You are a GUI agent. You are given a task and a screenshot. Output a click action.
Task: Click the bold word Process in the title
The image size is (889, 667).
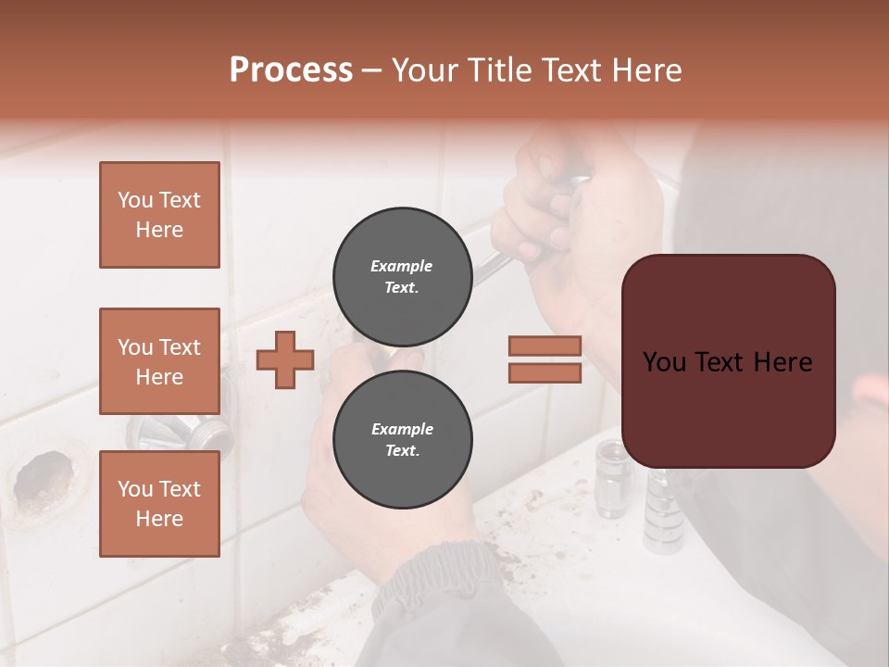tap(291, 70)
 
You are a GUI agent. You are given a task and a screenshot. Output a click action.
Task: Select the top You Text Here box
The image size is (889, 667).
tap(159, 215)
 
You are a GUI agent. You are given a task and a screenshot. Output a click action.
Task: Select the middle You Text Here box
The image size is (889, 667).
tap(159, 361)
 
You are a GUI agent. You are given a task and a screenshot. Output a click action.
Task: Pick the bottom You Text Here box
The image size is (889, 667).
tap(159, 503)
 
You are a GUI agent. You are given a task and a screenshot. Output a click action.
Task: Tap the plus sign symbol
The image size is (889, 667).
tap(285, 359)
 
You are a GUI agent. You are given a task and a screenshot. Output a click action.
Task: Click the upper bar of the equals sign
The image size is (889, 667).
tap(545, 346)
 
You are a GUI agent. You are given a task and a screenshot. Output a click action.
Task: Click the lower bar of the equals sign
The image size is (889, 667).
tap(545, 373)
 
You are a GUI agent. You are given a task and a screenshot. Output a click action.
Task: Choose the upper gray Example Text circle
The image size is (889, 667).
tap(402, 276)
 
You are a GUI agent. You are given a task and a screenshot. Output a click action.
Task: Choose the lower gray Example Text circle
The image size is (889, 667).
tap(402, 439)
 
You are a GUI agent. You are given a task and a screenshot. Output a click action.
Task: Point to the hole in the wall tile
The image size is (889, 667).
tap(44, 477)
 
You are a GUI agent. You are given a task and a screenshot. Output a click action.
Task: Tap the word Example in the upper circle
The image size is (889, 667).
tap(402, 266)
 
